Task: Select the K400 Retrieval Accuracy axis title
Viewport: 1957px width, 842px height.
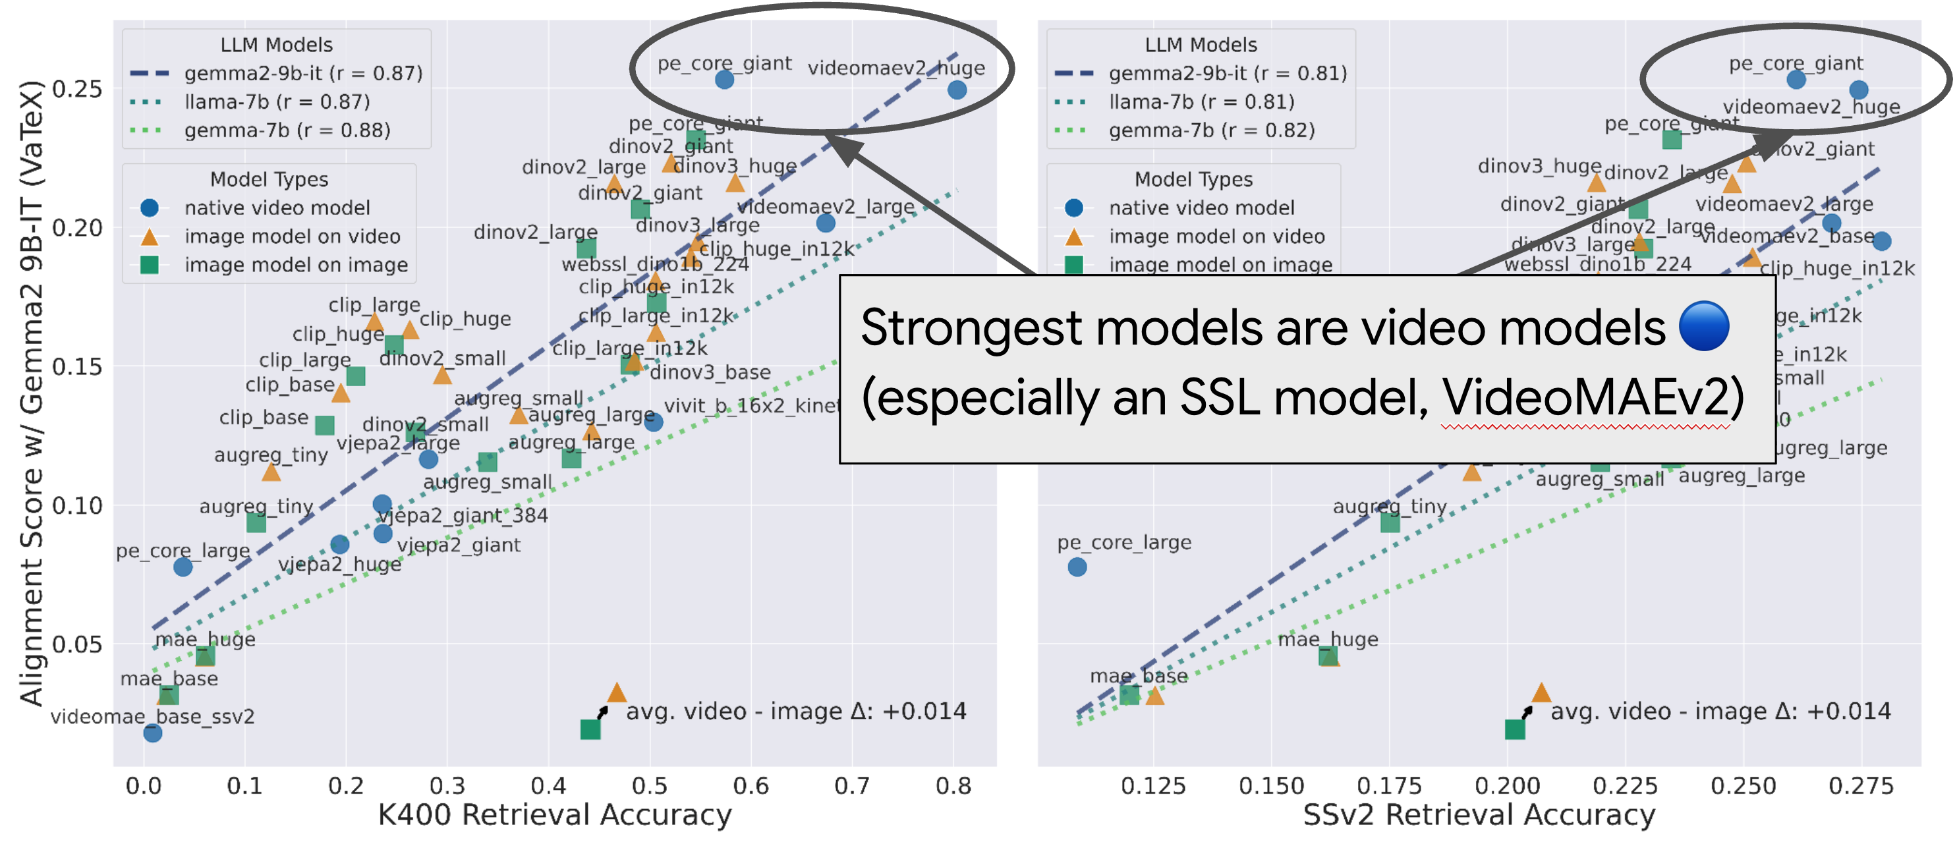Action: pos(555,814)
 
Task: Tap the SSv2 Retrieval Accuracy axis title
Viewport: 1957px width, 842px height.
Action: pos(1479,814)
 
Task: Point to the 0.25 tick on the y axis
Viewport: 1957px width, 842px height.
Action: pos(76,89)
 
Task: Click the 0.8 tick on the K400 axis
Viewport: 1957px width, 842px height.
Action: pos(953,785)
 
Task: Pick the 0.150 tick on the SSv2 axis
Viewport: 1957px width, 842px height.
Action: pos(1271,785)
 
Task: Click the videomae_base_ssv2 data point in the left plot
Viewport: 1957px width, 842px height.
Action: pos(153,733)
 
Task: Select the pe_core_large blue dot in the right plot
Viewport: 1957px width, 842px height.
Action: pos(1077,567)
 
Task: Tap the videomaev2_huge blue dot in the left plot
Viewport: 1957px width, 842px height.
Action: pos(957,90)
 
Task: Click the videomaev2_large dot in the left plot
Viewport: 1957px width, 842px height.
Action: pos(826,223)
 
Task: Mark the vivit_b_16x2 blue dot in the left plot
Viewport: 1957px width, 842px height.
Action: pos(654,422)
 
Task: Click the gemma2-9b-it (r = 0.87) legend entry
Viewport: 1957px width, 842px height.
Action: pos(302,73)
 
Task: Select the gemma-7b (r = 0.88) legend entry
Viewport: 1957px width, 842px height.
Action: pos(287,130)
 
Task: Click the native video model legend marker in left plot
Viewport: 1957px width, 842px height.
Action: pos(150,208)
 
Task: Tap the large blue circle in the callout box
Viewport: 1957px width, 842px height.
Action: pos(1703,326)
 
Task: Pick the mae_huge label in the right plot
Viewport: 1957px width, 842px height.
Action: pos(1327,639)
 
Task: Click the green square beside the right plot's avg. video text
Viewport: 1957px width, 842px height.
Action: pos(1514,729)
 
